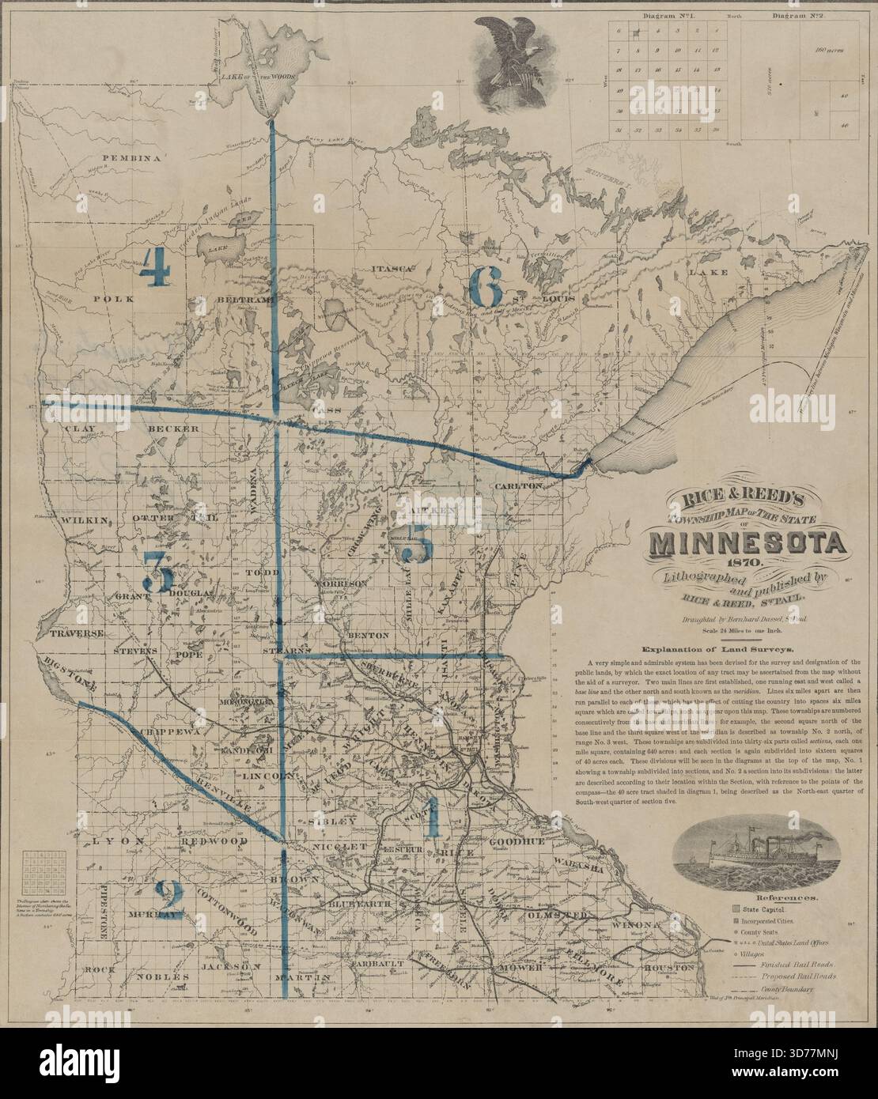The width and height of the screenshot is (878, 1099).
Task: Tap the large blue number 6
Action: [x=486, y=286]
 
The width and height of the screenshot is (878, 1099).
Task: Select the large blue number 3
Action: [x=158, y=571]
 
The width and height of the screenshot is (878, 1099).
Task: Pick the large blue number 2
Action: [x=168, y=899]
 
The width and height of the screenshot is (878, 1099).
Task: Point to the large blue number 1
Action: [x=431, y=818]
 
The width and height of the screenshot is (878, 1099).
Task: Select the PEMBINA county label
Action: [x=131, y=158]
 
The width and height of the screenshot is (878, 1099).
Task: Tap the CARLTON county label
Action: [x=520, y=486]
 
